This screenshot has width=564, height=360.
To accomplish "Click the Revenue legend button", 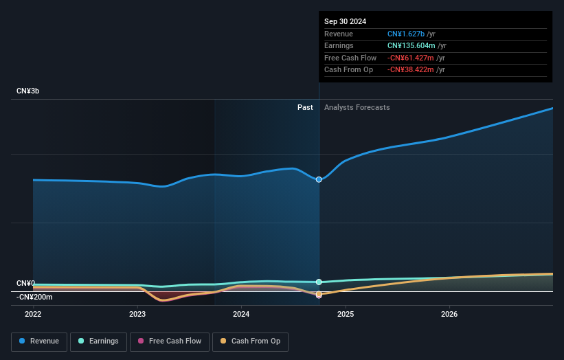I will coord(40,341).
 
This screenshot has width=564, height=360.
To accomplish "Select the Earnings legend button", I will coord(98,341).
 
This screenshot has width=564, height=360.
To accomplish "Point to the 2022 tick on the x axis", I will coord(33,314).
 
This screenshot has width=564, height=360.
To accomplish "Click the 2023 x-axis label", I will coord(137,314).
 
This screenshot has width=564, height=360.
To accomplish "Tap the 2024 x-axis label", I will coord(241,314).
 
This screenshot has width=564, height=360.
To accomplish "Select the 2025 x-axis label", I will coord(346,314).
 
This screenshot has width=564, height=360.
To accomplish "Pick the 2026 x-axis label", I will coord(449,314).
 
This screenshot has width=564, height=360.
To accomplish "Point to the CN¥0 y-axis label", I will coord(25,283).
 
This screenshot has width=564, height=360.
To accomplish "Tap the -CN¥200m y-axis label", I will coord(34,297).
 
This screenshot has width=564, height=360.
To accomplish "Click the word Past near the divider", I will coord(305,107).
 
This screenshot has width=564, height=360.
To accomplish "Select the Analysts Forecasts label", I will coord(357,107).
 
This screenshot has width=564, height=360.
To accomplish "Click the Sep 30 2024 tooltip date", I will coord(346,21).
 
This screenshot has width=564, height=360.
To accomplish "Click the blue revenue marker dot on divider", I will coord(319,180).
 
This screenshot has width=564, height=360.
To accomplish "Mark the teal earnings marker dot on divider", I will coord(319,282).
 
